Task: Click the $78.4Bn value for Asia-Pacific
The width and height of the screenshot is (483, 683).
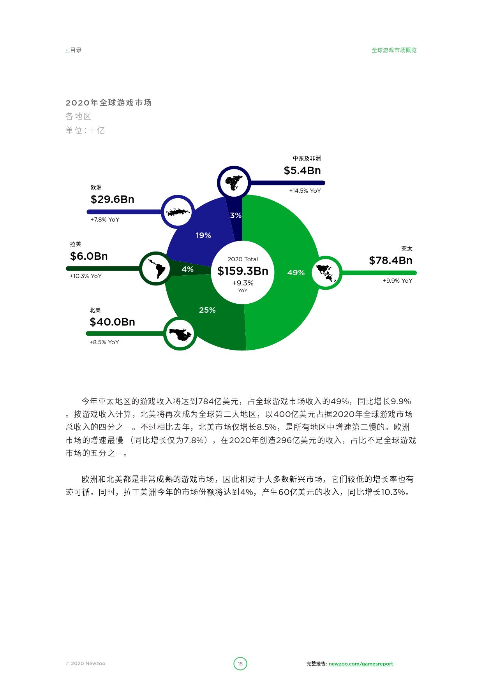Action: pos(391,261)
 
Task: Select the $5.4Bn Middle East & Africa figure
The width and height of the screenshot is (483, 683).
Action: pos(302,171)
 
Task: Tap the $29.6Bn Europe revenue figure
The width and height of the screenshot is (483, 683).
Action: pos(113,199)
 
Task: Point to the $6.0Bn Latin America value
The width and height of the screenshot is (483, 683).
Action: pos(89,256)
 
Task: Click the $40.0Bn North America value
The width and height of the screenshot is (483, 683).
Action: pos(112,322)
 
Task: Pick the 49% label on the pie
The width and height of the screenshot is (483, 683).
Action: pos(296,273)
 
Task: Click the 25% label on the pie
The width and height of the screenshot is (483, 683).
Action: pos(207,310)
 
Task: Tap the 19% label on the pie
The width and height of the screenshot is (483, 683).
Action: pos(203,235)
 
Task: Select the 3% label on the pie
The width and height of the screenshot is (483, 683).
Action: pos(236,215)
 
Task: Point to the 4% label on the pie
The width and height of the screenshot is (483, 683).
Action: pos(187,269)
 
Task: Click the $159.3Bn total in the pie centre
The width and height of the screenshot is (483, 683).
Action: pos(243,271)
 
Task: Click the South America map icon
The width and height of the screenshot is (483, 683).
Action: pos(156,268)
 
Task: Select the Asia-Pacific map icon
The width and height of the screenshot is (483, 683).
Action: pos(326,273)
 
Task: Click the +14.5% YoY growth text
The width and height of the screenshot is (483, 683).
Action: pos(305,191)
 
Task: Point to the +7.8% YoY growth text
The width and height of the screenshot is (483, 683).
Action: pos(105,220)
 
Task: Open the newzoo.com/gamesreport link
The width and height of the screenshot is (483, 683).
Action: pos(361,664)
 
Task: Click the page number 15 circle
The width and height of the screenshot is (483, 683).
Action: pos(240,664)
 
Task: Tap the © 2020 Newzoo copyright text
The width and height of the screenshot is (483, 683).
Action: pos(85,664)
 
